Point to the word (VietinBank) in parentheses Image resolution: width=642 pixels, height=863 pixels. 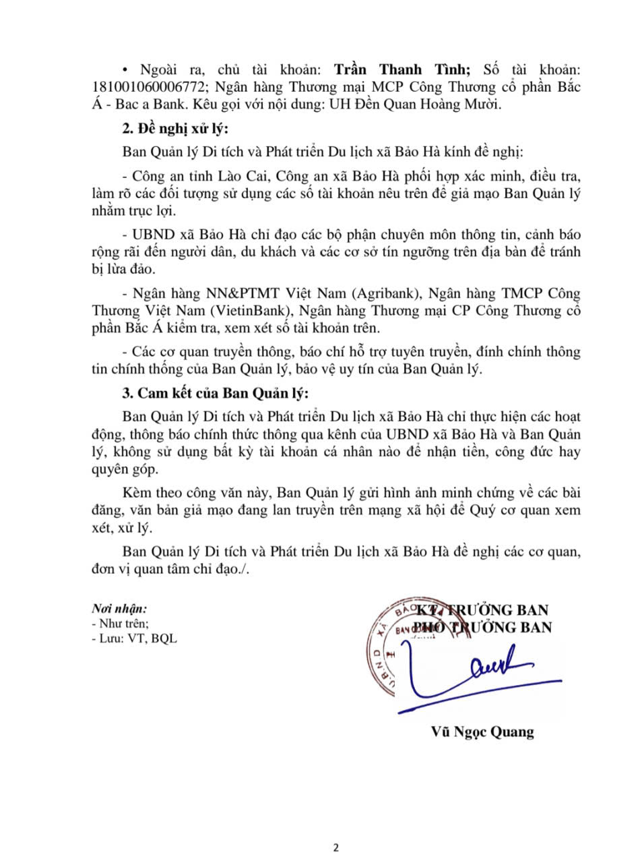pos(251,311)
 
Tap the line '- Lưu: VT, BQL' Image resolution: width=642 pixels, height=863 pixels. pos(134,638)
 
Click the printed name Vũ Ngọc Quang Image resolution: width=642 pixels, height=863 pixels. pos(482,732)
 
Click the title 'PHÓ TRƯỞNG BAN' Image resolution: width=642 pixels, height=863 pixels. pos(482,628)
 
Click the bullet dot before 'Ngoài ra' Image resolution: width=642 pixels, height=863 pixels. pos(126,70)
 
